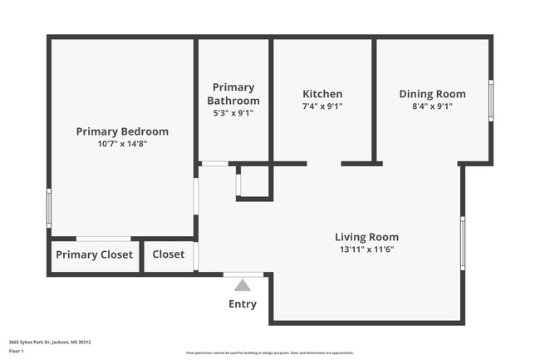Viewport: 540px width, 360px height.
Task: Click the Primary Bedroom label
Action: tap(122, 131)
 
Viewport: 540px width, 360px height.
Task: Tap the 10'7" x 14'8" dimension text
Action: tap(122, 144)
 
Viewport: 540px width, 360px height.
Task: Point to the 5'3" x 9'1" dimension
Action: tap(233, 113)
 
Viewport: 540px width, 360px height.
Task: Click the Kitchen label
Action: tap(322, 94)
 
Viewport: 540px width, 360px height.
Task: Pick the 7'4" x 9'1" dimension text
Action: tap(322, 106)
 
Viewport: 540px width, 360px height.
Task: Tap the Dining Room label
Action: tap(432, 94)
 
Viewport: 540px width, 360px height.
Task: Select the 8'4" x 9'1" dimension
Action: tap(432, 106)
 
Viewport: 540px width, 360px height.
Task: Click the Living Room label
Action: tap(366, 237)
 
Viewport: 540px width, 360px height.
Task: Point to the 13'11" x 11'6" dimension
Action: tap(366, 249)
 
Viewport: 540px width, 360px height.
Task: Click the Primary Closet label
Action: tap(94, 255)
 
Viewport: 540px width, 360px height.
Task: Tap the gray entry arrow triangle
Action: tap(243, 285)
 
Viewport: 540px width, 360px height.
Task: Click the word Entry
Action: tap(243, 304)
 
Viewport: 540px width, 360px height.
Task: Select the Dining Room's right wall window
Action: tap(491, 101)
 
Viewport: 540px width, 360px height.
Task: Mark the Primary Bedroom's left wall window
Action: tap(49, 208)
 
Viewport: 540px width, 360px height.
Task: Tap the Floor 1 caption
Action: tap(17, 352)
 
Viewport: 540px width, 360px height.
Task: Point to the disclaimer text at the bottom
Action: tap(269, 353)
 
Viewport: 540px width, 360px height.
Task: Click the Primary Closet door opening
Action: tap(103, 239)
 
